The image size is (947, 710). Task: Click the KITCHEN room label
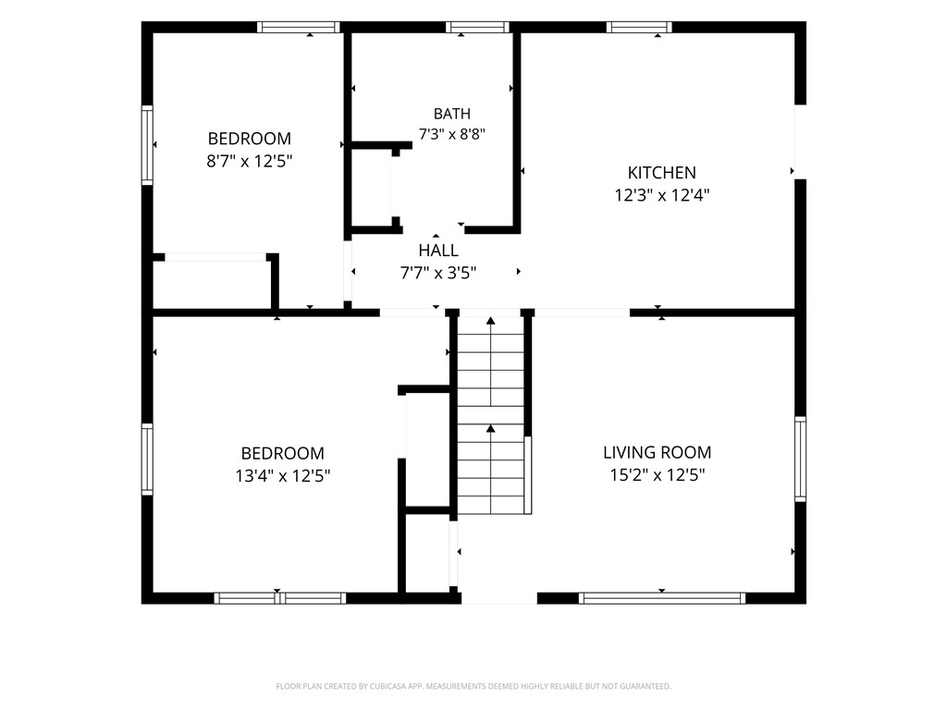661,173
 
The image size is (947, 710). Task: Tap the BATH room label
451,114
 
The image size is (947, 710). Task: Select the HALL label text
438,250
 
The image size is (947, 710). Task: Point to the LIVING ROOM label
658,452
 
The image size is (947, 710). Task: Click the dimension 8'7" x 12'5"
250,161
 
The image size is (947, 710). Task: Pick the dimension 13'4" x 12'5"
283,476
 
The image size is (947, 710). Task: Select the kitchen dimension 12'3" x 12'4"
662,195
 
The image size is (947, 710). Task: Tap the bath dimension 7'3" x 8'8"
451,133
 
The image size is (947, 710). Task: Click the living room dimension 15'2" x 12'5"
658,475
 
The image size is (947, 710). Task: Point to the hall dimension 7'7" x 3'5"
438,273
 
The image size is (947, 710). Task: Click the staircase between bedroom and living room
490,415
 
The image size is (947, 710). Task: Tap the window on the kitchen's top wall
639,27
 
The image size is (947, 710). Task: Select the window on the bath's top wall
478,27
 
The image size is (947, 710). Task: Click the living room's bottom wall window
662,598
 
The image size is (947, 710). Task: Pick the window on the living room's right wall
800,459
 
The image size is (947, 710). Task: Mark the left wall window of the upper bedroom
147,145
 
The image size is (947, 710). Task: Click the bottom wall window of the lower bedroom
280,598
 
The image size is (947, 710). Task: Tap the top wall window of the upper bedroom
299,27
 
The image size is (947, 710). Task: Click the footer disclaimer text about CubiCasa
473,687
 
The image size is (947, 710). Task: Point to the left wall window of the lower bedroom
147,459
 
